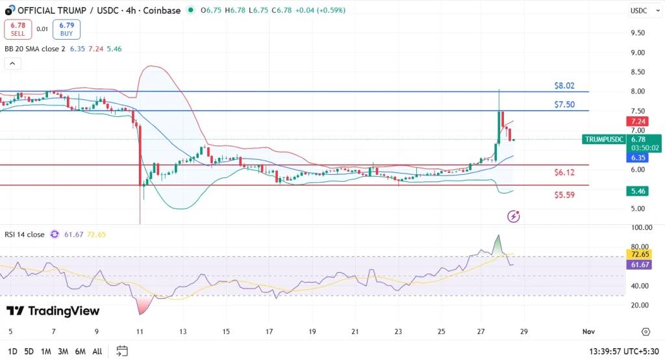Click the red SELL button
[18, 29]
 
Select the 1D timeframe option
[12, 352]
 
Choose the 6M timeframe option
[81, 352]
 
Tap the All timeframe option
[97, 352]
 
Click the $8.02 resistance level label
[564, 86]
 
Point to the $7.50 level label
[564, 105]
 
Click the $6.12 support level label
[564, 173]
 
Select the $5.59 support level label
[564, 195]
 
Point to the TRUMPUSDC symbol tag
[605, 139]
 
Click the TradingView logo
[53, 311]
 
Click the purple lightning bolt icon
[514, 216]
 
